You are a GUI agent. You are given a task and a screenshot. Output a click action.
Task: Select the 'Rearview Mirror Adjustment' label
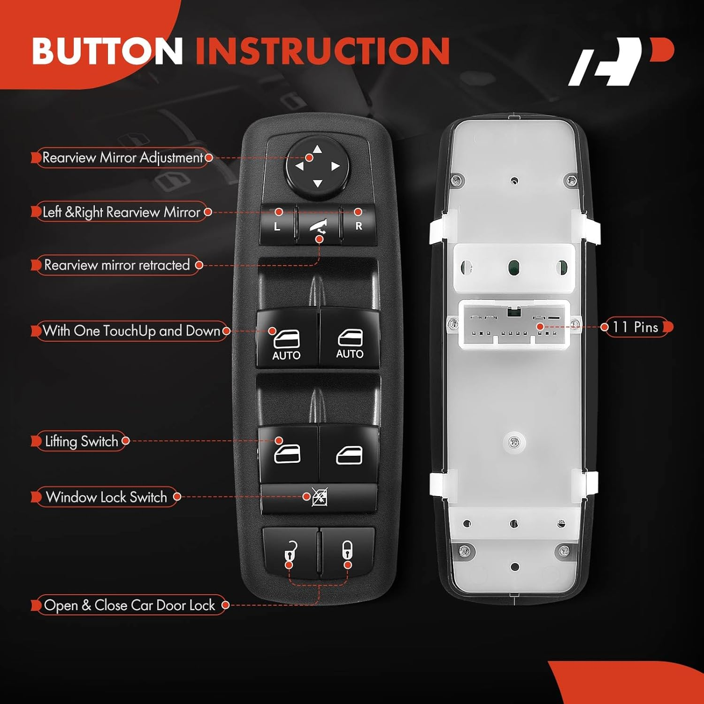pyautogui.click(x=122, y=158)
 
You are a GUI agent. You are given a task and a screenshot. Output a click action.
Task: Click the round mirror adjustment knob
pyautogui.click(x=318, y=167)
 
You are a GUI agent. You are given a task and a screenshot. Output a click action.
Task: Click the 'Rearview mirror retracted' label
pyautogui.click(x=117, y=265)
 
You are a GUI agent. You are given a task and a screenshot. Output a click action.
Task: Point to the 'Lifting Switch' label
pyautogui.click(x=81, y=441)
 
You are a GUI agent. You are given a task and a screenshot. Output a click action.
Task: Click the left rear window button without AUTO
pyautogui.click(x=287, y=454)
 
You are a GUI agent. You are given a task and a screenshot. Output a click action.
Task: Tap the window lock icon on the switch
pyautogui.click(x=320, y=497)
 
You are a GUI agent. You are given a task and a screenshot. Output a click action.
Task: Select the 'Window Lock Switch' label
pyautogui.click(x=107, y=497)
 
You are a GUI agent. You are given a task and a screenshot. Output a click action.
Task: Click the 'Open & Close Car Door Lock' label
pyautogui.click(x=130, y=605)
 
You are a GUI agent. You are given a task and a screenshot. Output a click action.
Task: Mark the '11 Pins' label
pyautogui.click(x=635, y=327)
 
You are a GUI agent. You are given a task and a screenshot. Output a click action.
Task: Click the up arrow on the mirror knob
pyautogui.click(x=318, y=150)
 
